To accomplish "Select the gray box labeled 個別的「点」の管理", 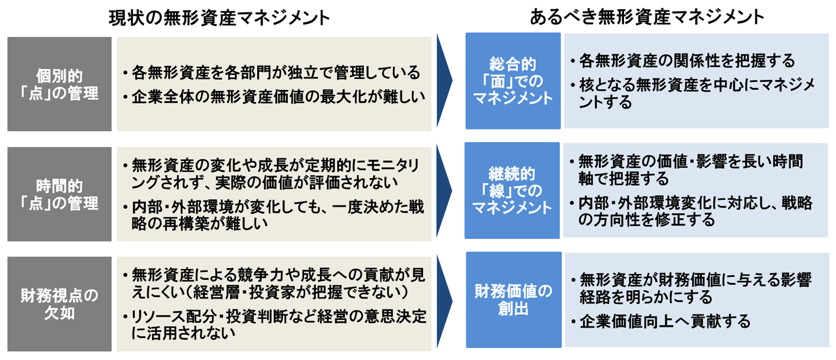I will tap(59, 84).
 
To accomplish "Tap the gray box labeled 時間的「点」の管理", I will tap(59, 194).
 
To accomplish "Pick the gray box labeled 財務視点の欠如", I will tap(59, 304).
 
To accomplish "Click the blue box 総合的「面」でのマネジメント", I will tap(513, 81).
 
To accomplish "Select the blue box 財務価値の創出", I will tap(513, 300).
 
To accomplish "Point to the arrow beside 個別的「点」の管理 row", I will tap(445, 81).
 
